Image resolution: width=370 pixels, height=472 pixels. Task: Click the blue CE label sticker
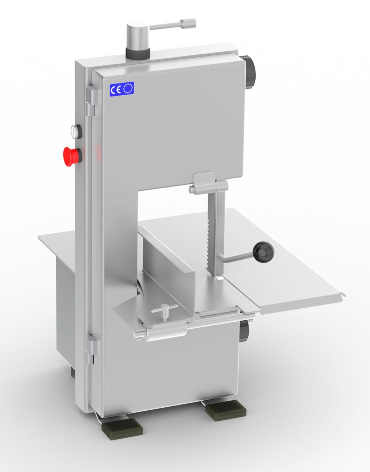122,89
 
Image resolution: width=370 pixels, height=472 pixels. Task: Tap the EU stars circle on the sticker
128,89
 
